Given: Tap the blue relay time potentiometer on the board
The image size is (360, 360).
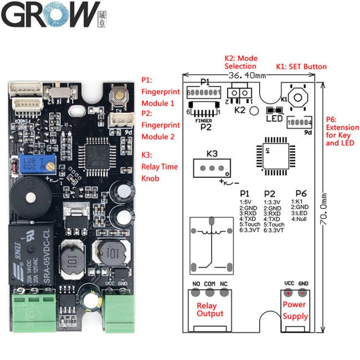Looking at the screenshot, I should [x=28, y=163].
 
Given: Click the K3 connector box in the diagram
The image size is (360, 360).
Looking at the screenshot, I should [x=209, y=168].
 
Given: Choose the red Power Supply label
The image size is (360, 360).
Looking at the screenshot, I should [x=295, y=310].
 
